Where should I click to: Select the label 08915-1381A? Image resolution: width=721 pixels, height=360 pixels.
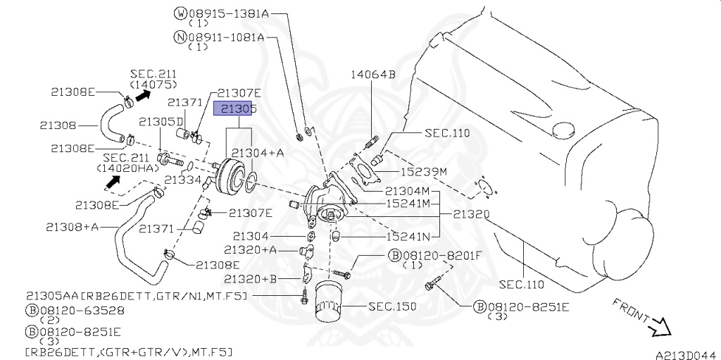(226, 13)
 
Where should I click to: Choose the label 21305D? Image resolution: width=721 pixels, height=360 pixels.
(161, 122)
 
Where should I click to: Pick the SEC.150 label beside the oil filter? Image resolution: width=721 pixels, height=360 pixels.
(392, 306)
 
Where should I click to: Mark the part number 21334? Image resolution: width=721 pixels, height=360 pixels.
(184, 180)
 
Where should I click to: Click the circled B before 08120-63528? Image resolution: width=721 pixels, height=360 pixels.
(31, 309)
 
